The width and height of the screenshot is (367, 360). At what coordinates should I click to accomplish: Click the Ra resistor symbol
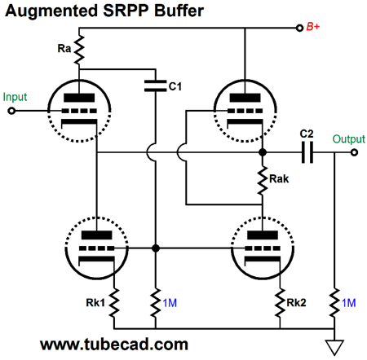tap(79, 50)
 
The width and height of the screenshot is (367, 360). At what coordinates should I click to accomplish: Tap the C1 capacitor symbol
tap(155, 86)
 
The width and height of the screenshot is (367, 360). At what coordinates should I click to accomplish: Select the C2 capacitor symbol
tap(307, 152)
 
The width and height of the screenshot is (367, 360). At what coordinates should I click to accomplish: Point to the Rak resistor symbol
tap(263, 180)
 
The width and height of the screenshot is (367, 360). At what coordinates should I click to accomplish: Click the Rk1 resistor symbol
tap(114, 302)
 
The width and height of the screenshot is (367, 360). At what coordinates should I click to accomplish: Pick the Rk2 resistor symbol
tap(280, 302)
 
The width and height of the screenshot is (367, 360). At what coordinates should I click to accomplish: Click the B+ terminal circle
tap(299, 28)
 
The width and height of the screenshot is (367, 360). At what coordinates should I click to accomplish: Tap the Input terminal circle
tap(11, 111)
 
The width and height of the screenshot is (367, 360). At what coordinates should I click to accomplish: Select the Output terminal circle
tap(354, 152)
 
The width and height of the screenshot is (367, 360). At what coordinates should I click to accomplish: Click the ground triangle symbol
tap(334, 347)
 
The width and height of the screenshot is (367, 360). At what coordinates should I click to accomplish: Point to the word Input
tap(15, 97)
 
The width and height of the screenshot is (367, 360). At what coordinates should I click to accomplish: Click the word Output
tap(349, 139)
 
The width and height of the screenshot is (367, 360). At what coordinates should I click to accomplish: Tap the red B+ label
tap(313, 27)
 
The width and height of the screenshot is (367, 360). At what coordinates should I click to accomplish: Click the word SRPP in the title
tap(126, 11)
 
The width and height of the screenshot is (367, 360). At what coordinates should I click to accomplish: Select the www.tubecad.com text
tap(114, 345)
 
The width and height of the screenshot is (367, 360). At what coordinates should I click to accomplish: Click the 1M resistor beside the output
tap(334, 302)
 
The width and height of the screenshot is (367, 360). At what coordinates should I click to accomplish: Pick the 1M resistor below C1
tap(156, 302)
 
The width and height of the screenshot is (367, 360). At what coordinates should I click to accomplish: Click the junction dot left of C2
tap(263, 152)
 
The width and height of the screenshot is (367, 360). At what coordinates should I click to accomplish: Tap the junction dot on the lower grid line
tap(156, 248)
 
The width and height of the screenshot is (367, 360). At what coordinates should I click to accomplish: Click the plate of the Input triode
tap(79, 98)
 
